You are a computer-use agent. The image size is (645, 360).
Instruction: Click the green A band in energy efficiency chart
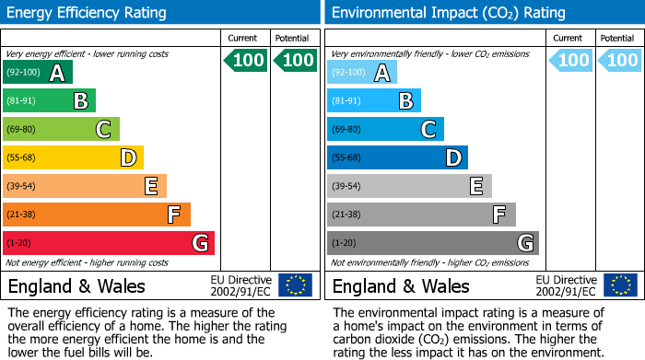(x=37, y=73)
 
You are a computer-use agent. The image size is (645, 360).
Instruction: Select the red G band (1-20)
(x=108, y=243)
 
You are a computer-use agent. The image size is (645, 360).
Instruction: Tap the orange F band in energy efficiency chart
(x=97, y=215)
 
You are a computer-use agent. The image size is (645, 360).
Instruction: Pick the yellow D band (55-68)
(x=73, y=157)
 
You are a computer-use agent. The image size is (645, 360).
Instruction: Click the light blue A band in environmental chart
(x=361, y=73)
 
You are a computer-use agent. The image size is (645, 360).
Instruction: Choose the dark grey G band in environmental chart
(x=432, y=243)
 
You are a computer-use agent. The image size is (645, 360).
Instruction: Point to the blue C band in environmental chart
(x=385, y=130)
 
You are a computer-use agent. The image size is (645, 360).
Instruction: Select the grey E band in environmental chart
(x=409, y=186)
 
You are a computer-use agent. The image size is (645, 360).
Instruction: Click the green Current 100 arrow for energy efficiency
(x=246, y=61)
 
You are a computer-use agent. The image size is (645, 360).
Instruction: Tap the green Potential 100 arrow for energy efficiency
(x=295, y=61)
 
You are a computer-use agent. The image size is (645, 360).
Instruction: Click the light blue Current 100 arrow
(x=570, y=61)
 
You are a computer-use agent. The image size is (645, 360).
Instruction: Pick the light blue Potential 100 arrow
(x=619, y=61)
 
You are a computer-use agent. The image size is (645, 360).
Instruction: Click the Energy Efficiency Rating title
(x=87, y=13)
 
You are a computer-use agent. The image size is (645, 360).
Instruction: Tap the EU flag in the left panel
(x=295, y=285)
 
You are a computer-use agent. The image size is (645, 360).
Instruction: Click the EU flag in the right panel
(x=619, y=285)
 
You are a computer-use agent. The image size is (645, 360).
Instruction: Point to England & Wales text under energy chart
(x=76, y=285)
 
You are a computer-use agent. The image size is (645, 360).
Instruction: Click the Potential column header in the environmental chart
(x=617, y=38)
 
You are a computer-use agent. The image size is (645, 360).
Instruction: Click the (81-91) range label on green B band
(x=22, y=101)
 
